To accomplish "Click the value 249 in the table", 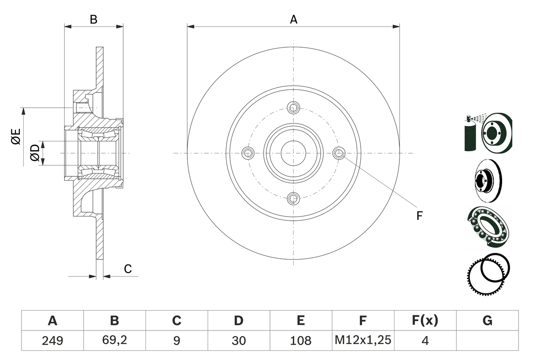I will coord(52,340).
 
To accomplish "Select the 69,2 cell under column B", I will coord(114,340).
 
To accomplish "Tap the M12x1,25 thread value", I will coord(363,340).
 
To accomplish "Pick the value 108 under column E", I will coord(300,340).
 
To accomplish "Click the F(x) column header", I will coord(425,321).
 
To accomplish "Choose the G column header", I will coord(487,321).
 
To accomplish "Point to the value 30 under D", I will coord(238,340).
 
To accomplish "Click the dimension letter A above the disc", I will coord(293,19).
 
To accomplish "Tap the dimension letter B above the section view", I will coord(94,19).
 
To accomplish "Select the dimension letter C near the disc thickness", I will coord(128,269).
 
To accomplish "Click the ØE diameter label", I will coord(16,138).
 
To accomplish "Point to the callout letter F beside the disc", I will coord(419,216).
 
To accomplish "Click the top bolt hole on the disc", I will coord(293,108).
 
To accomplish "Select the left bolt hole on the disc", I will coord(248,153).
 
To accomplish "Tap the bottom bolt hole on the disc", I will coord(293,198).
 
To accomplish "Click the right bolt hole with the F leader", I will coord(339,153).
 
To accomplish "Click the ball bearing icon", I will coord(489,226).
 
